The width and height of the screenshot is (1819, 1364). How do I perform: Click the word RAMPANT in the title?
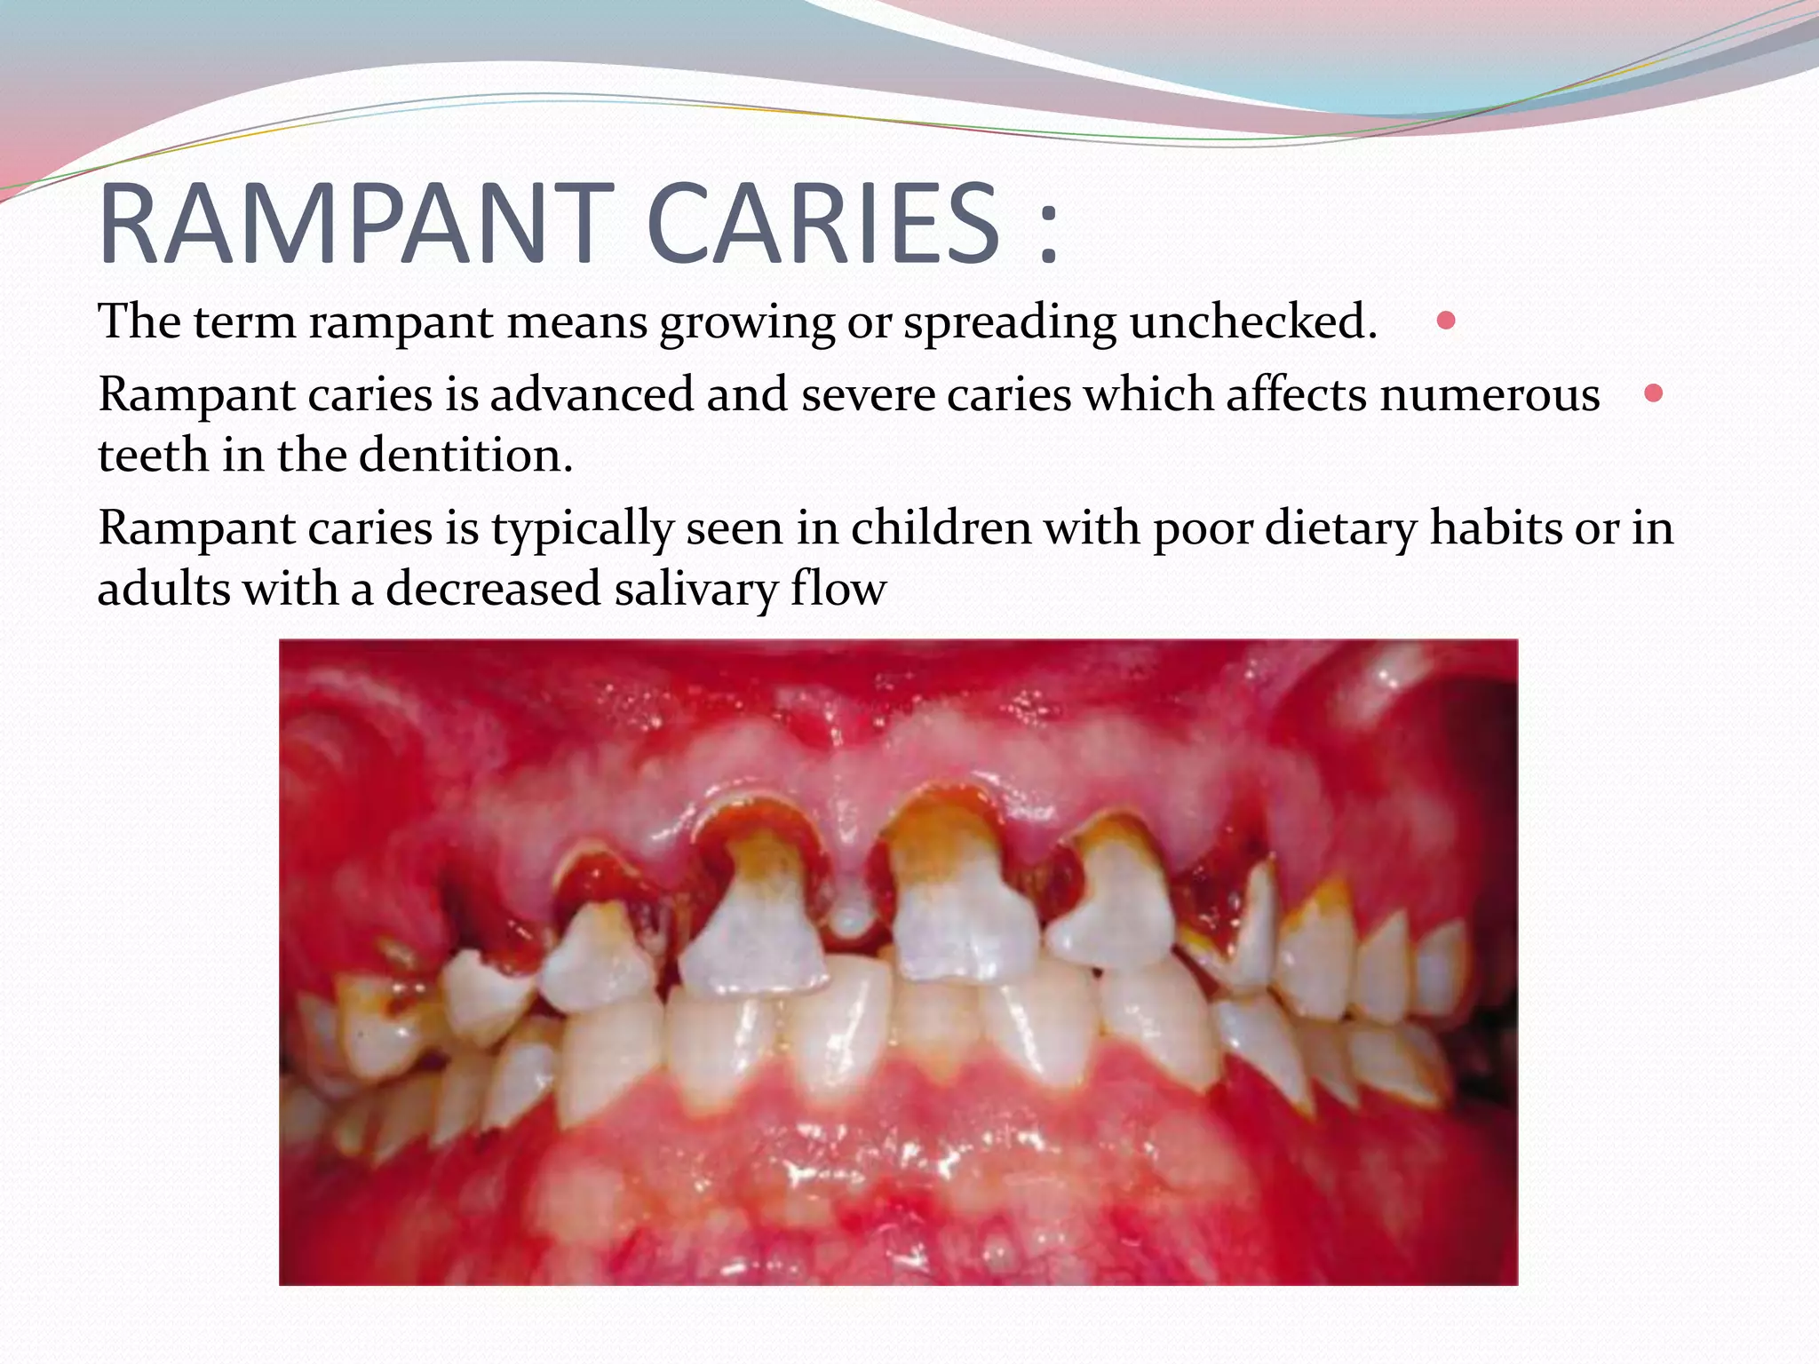[x=355, y=224]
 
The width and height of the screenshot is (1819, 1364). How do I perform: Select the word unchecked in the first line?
[x=1252, y=321]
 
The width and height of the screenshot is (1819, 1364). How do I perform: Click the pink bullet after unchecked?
[x=1446, y=321]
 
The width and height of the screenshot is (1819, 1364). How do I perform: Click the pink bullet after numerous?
[x=1653, y=393]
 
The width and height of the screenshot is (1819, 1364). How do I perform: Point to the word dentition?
[x=465, y=456]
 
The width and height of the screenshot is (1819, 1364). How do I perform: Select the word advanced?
[x=591, y=395]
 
